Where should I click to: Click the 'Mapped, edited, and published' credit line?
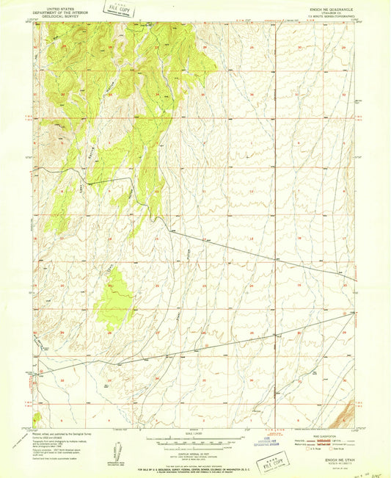[x=58, y=434]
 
